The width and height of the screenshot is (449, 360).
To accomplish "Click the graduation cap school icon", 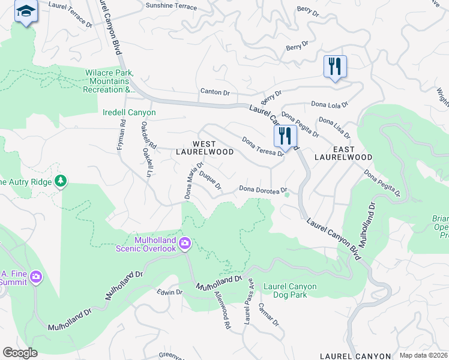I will tap(26, 12).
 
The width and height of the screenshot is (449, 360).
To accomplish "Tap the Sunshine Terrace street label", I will tap(171, 7).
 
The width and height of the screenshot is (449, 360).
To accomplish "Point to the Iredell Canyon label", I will tap(129, 112).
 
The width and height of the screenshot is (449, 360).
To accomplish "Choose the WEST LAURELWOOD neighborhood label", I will tap(204, 148).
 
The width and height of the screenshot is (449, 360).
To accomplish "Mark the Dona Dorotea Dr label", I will tap(260, 189).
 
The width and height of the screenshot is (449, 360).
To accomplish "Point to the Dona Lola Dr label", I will tap(330, 104).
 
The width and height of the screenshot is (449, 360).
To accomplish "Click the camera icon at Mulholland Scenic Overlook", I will tap(185, 242).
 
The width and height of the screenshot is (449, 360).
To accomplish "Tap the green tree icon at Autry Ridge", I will tap(60, 181).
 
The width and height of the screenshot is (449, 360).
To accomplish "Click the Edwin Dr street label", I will tap(169, 292).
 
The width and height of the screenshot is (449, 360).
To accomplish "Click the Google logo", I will tap(20, 352).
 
